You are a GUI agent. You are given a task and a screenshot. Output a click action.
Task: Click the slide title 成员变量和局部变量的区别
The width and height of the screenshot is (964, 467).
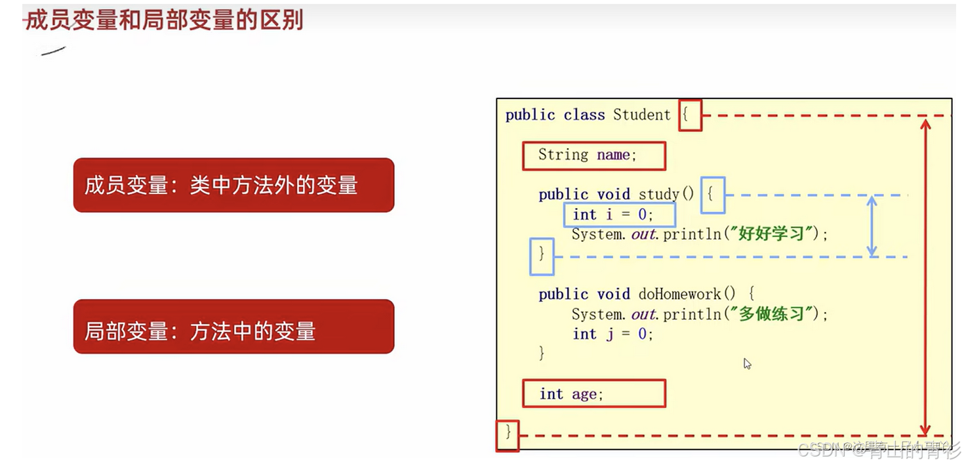click(x=164, y=20)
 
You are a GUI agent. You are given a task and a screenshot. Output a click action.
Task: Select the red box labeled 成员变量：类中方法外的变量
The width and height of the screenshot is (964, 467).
click(x=233, y=185)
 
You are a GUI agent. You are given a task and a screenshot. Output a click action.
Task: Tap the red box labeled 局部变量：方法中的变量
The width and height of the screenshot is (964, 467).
click(x=233, y=327)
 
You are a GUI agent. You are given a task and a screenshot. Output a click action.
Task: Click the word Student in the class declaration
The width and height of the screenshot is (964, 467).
click(x=641, y=115)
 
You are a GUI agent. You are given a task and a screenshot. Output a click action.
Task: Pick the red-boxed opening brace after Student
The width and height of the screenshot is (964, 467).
click(x=689, y=115)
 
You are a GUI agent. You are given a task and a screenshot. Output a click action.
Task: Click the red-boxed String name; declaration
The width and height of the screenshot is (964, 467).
click(x=593, y=155)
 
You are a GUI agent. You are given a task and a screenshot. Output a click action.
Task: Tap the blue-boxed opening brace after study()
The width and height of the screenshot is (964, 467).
click(x=713, y=195)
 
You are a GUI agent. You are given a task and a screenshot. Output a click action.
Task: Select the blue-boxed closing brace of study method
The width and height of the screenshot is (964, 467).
click(x=542, y=256)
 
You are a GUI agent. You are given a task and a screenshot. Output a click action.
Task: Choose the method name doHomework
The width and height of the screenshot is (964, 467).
click(x=679, y=294)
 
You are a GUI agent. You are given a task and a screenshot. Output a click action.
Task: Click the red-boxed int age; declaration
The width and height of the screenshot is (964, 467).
click(x=593, y=394)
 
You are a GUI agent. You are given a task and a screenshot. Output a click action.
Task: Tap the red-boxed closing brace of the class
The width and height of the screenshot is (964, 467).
click(x=507, y=436)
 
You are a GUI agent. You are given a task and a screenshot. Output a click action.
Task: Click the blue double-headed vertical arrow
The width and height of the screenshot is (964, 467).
click(x=872, y=226)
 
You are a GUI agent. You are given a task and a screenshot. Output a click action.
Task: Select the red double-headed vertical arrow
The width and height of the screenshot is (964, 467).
click(x=925, y=275)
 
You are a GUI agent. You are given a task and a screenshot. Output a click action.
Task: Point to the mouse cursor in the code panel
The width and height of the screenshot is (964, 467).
click(x=747, y=363)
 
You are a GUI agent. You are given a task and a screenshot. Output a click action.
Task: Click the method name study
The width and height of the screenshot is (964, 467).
click(x=658, y=194)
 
